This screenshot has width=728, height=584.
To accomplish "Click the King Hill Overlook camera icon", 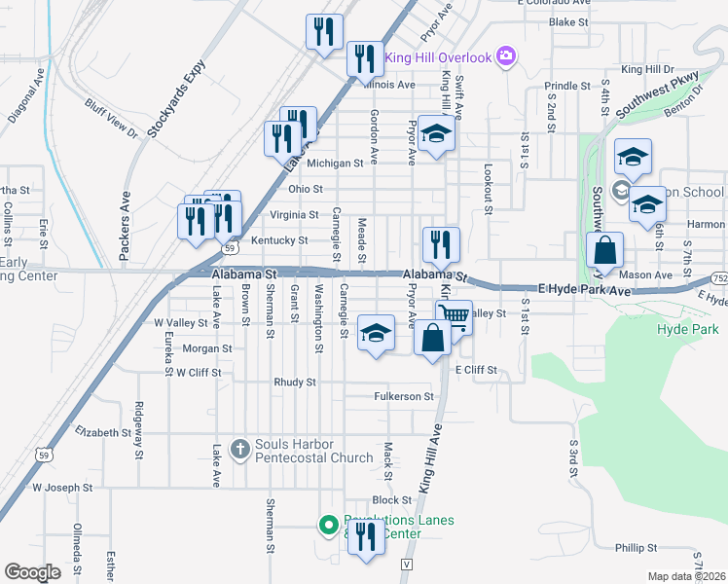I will pyautogui.click(x=505, y=55).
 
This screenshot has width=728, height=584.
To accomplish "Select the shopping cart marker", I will pyautogui.click(x=454, y=318).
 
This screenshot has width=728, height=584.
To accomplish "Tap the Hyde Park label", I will pyautogui.click(x=687, y=330).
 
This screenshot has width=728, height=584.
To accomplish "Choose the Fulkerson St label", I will pyautogui.click(x=403, y=396).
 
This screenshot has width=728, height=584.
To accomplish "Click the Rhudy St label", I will pyautogui.click(x=295, y=383).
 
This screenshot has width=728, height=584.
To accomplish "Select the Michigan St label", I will pyautogui.click(x=340, y=164).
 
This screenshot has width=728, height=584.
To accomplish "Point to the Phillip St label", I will pyautogui.click(x=637, y=548).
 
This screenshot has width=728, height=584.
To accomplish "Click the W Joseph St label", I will pyautogui.click(x=62, y=487).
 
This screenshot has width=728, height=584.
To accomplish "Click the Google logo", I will pyautogui.click(x=32, y=571).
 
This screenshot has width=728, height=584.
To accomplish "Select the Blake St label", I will pyautogui.click(x=569, y=21).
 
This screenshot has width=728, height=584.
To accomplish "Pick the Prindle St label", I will pyautogui.click(x=567, y=86).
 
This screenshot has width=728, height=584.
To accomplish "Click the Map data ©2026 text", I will pyautogui.click(x=686, y=576).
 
